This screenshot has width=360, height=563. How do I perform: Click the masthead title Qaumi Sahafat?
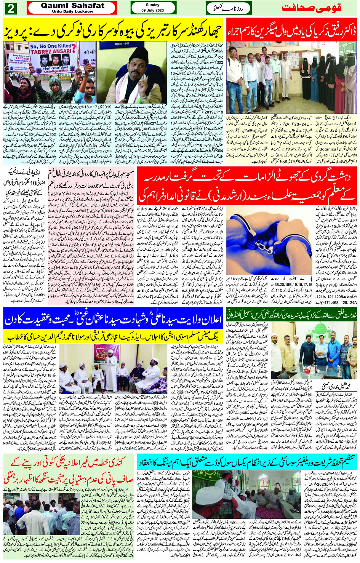tap(72, 6)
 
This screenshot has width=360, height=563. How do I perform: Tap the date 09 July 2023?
tap(152, 10)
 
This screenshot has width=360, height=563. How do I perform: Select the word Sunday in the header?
tap(152, 5)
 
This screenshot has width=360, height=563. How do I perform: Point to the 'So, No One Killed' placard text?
tap(50, 46)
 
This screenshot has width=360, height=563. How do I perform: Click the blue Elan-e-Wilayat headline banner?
tap(113, 320)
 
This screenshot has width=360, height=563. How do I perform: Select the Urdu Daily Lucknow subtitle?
tap(72, 12)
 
